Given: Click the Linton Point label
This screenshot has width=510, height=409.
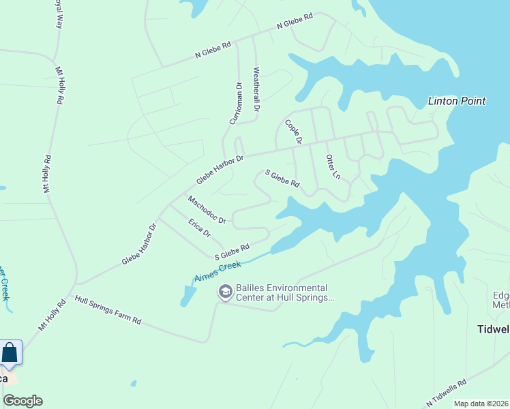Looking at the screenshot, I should point(456,101).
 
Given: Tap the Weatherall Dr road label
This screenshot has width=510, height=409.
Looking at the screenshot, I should point(256,89).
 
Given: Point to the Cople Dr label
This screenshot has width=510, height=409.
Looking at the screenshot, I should point(293,132).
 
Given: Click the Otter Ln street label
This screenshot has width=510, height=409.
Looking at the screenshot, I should point(333,166).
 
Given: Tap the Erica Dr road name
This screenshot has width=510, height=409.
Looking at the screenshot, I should point(199,226).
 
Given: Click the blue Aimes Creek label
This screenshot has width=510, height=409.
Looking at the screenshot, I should point(217,272).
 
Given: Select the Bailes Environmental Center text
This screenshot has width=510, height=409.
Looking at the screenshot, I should point(282,292).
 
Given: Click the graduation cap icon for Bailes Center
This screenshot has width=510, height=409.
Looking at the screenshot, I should point(224,292).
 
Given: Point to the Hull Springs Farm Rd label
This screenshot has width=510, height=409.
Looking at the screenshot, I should point(108,309).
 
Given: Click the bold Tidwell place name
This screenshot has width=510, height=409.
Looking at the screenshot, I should point(492,329).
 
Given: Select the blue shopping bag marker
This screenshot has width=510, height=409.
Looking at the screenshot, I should point(10,353).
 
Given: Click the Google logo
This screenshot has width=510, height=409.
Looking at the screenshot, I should point(22,401).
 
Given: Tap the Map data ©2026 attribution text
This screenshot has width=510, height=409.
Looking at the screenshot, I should point(481,404).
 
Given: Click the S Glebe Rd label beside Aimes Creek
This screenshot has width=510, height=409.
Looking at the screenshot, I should point(232,252).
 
